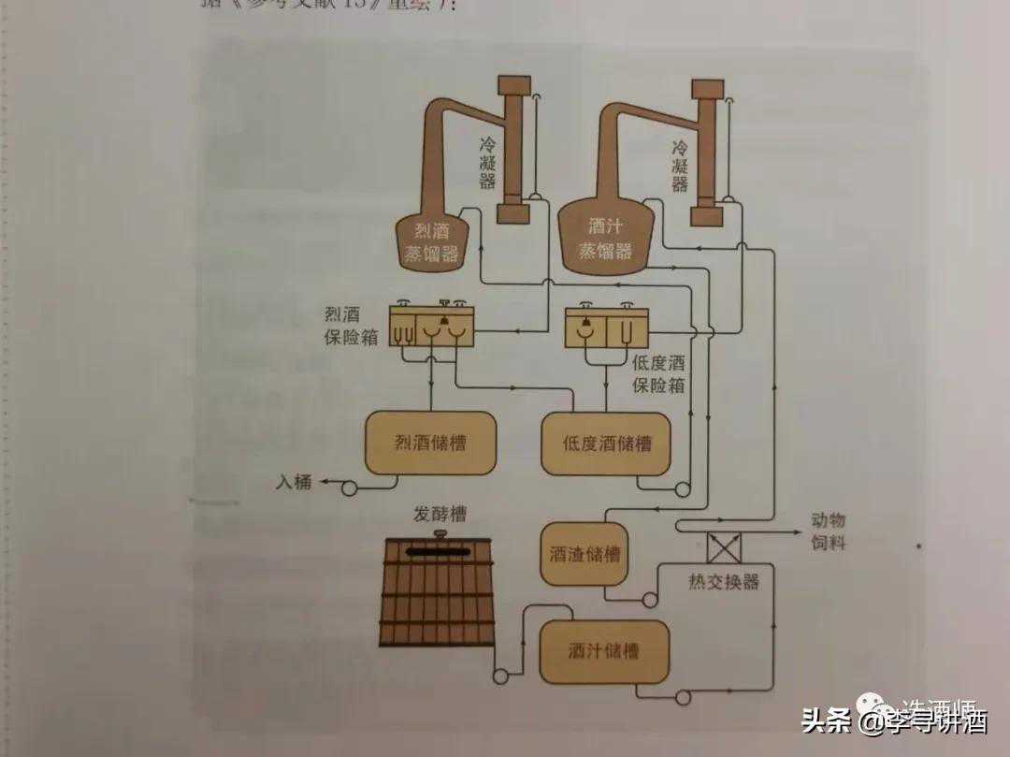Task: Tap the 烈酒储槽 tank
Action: pos(429,443)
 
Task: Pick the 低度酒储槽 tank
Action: pos(606,443)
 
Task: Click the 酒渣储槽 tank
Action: pos(584,554)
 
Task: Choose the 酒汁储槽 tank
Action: pos(604,650)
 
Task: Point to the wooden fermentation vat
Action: pos(438,593)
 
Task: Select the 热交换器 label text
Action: pos(723,582)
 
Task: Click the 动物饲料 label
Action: pos(829,531)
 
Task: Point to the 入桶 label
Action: pos(293,483)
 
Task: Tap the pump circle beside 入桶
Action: pos(350,487)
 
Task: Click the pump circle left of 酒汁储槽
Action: pos(501,673)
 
